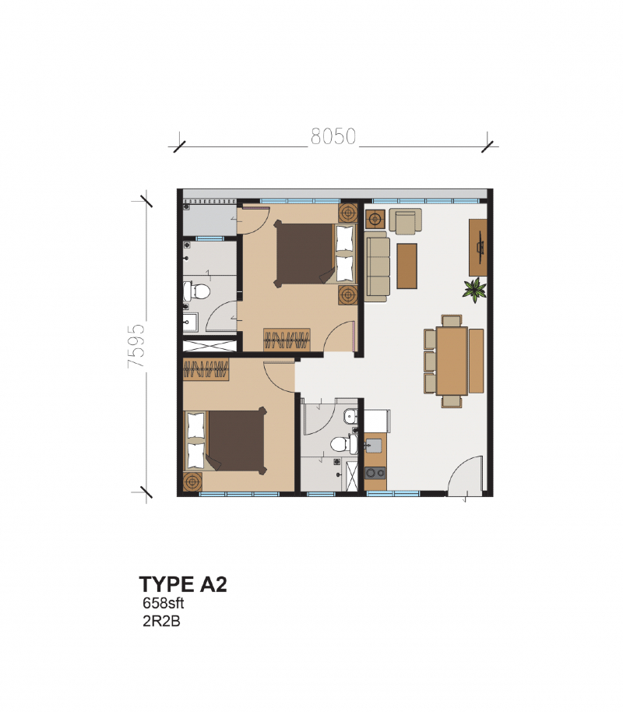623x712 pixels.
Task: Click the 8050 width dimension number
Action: [333, 138]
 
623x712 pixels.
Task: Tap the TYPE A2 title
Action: [183, 584]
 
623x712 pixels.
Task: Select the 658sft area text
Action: [162, 603]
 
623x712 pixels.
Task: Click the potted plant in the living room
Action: [474, 290]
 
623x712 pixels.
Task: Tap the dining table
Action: [451, 361]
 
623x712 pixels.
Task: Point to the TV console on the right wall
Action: [478, 246]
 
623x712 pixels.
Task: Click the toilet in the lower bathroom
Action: [341, 444]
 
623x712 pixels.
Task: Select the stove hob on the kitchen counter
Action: [375, 472]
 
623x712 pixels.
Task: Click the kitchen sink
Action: [374, 446]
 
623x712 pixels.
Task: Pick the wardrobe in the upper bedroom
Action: [287, 340]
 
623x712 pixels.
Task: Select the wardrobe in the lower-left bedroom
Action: [206, 369]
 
